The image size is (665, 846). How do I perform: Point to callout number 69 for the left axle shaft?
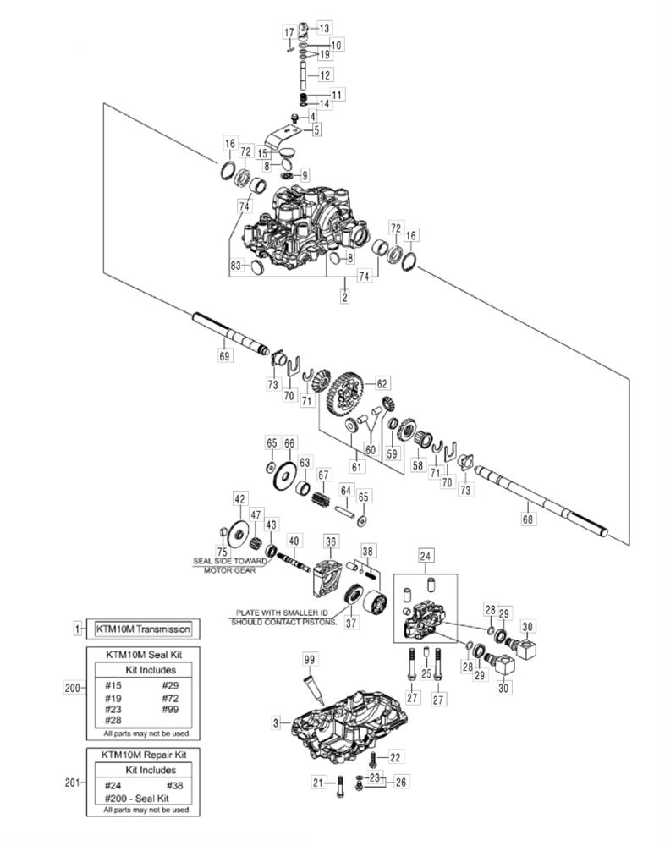[x=224, y=356]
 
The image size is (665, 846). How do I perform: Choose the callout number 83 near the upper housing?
[x=237, y=266]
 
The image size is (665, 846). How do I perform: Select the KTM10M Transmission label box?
[x=142, y=629]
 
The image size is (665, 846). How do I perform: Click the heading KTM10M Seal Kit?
[x=141, y=654]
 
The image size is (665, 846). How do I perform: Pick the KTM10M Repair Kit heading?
[x=144, y=754]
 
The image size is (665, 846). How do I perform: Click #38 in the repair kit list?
[x=173, y=785]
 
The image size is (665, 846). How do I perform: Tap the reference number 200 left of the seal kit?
[x=73, y=688]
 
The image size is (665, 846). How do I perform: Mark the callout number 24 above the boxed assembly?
[x=425, y=557]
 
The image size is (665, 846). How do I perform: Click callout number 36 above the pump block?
[x=330, y=541]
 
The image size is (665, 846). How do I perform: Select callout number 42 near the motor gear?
[x=240, y=499]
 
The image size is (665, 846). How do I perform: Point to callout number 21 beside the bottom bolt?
[x=318, y=783]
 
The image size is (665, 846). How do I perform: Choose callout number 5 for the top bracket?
[x=316, y=129]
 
